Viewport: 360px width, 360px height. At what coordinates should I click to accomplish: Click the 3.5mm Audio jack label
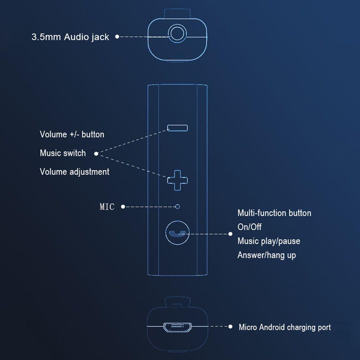click(x=70, y=37)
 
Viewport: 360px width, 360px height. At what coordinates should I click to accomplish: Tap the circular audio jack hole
click(x=177, y=34)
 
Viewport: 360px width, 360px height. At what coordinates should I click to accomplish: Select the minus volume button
click(x=177, y=128)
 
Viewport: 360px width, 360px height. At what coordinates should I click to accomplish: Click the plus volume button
click(x=177, y=180)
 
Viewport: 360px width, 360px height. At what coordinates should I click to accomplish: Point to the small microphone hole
click(x=177, y=207)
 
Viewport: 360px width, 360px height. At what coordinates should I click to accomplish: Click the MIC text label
click(x=107, y=207)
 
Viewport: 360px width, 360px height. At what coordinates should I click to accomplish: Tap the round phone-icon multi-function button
click(x=177, y=233)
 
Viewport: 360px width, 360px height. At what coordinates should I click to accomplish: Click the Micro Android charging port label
click(x=285, y=327)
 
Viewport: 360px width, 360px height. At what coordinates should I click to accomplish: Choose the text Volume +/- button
click(x=72, y=135)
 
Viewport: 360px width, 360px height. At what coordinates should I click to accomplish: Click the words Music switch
click(x=63, y=153)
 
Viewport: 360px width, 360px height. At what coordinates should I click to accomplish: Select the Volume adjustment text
click(x=75, y=172)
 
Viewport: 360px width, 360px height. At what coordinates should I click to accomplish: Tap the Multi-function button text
click(x=274, y=213)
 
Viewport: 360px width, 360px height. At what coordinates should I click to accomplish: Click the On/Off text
click(x=249, y=227)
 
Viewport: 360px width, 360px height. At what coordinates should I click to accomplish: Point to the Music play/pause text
click(x=269, y=241)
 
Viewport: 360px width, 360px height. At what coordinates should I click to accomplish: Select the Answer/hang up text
click(x=267, y=255)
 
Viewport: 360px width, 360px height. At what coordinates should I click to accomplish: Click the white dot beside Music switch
click(x=96, y=154)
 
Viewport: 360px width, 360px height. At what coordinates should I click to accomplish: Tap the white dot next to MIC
click(x=123, y=207)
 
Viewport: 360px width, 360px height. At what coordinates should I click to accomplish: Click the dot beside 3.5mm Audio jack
click(x=117, y=36)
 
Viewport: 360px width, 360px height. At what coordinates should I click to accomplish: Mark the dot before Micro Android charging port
click(x=231, y=327)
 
